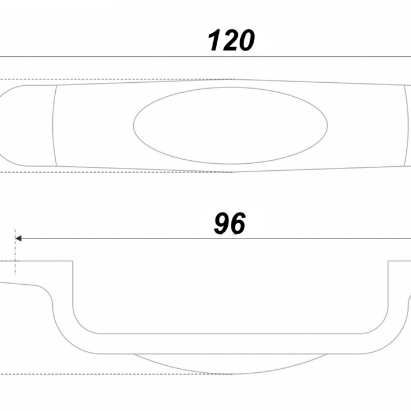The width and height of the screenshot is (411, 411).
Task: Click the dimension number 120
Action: [x=231, y=41]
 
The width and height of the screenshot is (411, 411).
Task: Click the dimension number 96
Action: [x=230, y=223]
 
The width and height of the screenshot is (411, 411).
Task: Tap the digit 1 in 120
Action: [x=214, y=41]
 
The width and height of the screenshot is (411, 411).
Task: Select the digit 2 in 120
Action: [x=230, y=41]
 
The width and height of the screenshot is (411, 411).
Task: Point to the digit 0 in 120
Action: [x=247, y=41]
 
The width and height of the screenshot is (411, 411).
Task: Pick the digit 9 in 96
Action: [x=222, y=223]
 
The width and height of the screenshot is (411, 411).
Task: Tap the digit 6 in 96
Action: [x=238, y=223]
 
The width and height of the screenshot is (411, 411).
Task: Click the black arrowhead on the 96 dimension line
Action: [x=18, y=238]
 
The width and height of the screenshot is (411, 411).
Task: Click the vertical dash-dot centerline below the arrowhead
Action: [x=15, y=252]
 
